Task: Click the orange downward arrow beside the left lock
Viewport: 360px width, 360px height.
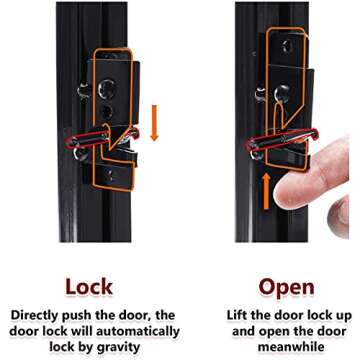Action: pos(154,123)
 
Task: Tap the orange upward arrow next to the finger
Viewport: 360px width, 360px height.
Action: pos(266,191)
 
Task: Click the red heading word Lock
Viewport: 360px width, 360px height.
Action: pos(89,287)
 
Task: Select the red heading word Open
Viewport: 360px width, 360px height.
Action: pos(287,287)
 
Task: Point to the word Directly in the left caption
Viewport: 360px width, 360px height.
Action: pos(34,315)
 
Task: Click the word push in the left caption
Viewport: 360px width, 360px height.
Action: pos(76,316)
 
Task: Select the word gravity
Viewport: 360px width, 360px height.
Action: pos(121,347)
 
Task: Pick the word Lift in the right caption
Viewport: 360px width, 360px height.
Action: pos(236,315)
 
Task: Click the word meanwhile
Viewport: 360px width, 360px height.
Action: pos(286,347)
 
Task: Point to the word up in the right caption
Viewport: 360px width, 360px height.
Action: pos(344,316)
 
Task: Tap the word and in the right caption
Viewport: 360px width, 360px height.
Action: pos(243,331)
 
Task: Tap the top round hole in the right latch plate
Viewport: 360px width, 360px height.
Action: pos(288,46)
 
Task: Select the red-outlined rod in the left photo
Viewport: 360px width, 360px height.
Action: pos(103,137)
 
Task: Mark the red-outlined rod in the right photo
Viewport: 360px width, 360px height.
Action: pos(283,139)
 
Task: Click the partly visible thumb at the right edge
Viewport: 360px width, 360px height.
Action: pos(339,217)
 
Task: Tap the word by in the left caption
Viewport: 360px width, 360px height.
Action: pos(89,347)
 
